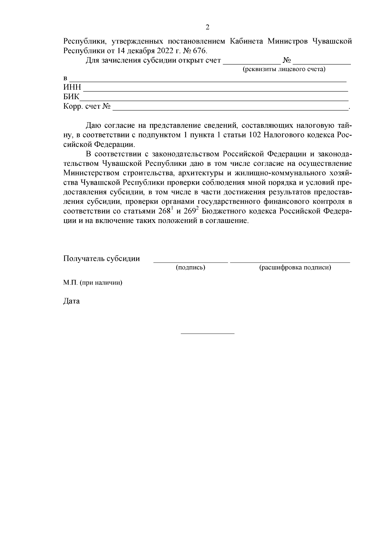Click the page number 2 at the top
click(x=208, y=27)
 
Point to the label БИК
click(x=71, y=97)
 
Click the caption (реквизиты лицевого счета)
click(x=284, y=69)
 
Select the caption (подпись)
click(x=190, y=268)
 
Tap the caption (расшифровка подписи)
click(x=295, y=268)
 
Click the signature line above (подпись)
click(x=190, y=262)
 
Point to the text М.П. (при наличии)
click(x=93, y=283)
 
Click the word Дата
click(x=71, y=301)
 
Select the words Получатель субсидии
click(x=101, y=259)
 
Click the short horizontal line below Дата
click(x=208, y=334)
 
